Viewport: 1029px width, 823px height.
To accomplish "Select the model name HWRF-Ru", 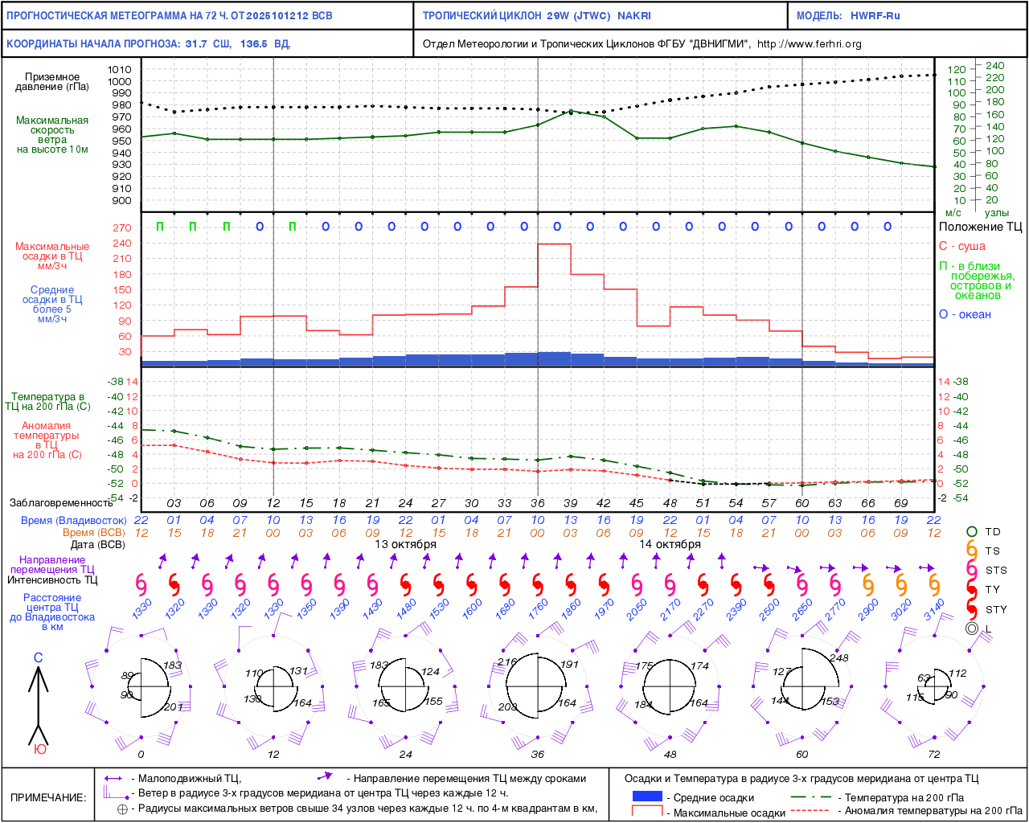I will pos(875,15).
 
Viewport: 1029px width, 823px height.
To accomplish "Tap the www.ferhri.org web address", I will pos(809,44).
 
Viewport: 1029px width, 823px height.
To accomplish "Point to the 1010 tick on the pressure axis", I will pos(120,70).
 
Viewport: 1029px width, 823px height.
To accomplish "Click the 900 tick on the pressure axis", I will pos(121,201).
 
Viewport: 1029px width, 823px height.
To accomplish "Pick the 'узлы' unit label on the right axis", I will pos(997,213).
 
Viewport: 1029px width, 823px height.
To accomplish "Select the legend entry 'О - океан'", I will pos(965,314).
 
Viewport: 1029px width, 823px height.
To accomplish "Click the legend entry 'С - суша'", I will pos(961,246).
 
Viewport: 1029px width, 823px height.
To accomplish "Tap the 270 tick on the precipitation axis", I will pos(122,228).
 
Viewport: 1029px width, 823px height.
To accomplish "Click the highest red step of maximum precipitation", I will pos(555,244).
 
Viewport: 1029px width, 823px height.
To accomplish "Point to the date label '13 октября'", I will pos(405,544).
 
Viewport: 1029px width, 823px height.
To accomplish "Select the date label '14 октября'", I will pos(670,544).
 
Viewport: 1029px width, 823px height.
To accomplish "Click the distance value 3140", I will pos(934,610).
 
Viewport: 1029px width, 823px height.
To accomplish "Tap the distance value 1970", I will pos(604,610).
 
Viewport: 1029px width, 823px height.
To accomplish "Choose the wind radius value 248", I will pos(838,657).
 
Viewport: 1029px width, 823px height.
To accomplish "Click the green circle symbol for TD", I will pos(971,531).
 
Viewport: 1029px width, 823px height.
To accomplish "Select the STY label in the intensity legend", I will pos(996,609).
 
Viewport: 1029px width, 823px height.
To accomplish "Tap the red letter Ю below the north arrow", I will pos(39,749).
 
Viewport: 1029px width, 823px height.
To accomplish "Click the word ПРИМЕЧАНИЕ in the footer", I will pos(48,797).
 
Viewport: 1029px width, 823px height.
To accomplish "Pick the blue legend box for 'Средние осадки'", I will pos(647,796).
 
